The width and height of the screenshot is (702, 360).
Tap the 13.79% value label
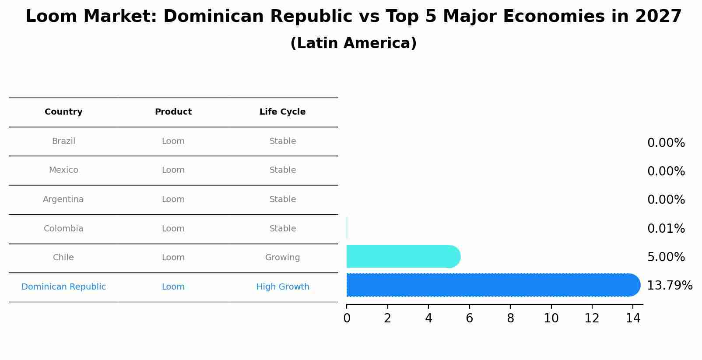pyautogui.click(x=670, y=286)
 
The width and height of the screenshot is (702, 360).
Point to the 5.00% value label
pyautogui.click(x=666, y=257)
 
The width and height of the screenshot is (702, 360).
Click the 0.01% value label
pyautogui.click(x=666, y=229)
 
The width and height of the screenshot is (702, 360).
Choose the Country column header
pyautogui.click(x=63, y=112)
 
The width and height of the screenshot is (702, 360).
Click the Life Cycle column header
pyautogui.click(x=282, y=112)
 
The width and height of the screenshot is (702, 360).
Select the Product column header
pyautogui.click(x=173, y=112)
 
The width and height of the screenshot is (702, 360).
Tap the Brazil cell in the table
pyautogui.click(x=63, y=141)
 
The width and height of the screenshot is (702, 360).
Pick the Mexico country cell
pyautogui.click(x=63, y=170)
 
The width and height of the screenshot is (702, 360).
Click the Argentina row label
pyautogui.click(x=63, y=199)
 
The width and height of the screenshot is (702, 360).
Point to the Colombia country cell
pyautogui.click(x=63, y=229)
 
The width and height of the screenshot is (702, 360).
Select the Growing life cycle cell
pyautogui.click(x=282, y=258)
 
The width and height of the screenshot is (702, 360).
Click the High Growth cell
pyautogui.click(x=283, y=287)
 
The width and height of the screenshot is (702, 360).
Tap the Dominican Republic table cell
pyautogui.click(x=63, y=287)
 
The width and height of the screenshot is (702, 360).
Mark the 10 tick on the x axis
pyautogui.click(x=551, y=318)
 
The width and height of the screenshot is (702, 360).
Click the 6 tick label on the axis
pyautogui.click(x=469, y=318)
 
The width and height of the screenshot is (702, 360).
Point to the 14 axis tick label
pyautogui.click(x=633, y=318)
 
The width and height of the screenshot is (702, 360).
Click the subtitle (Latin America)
pyautogui.click(x=353, y=43)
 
